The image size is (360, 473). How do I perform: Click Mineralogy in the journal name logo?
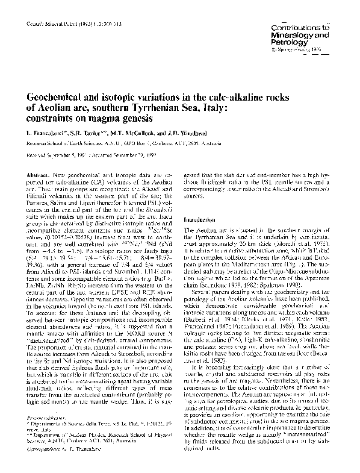(301, 35)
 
